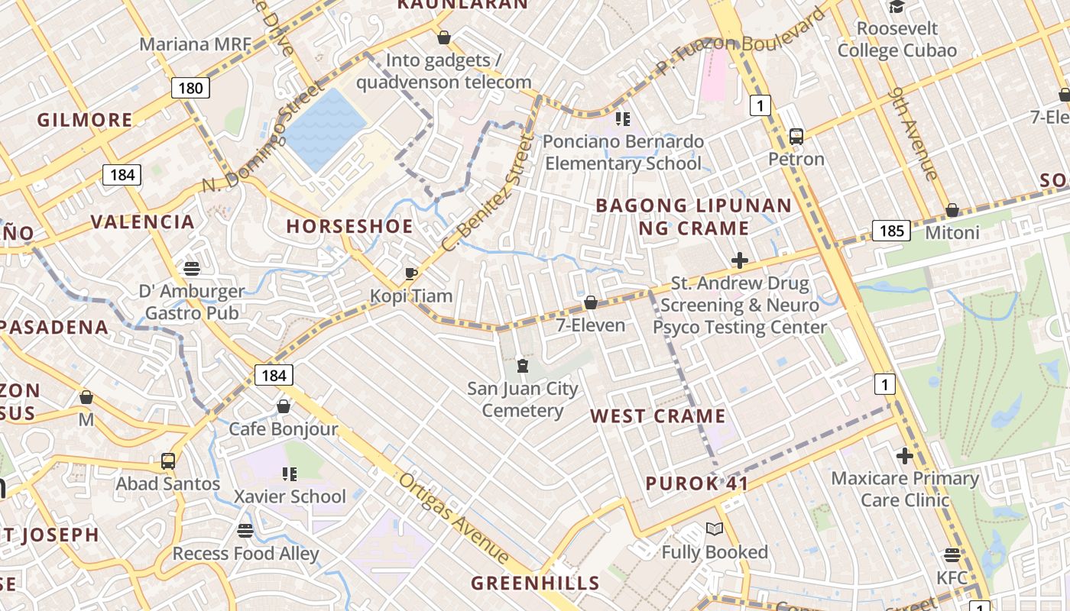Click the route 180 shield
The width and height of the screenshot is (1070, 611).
[190, 88]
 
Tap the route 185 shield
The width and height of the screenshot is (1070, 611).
[891, 231]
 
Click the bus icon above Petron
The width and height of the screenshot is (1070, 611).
[796, 137]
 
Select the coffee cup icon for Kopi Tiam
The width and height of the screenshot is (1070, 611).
[411, 273]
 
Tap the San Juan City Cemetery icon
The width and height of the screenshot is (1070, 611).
[523, 367]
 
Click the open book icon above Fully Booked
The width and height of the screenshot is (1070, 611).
[715, 529]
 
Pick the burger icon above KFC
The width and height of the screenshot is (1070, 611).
[952, 555]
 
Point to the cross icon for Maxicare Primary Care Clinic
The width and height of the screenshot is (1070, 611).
[905, 457]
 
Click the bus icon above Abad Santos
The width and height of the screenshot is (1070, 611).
[168, 461]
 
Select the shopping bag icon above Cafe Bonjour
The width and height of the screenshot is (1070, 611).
[284, 406]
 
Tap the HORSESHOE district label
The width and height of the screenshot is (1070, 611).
[349, 226]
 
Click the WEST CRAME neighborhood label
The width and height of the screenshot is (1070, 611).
[657, 416]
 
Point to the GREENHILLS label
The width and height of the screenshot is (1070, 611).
[535, 584]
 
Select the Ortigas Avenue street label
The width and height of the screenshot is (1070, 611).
[454, 519]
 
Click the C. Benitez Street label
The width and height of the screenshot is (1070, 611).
[486, 195]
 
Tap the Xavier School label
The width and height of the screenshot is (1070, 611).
[290, 496]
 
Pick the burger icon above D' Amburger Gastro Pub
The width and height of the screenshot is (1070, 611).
[192, 269]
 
